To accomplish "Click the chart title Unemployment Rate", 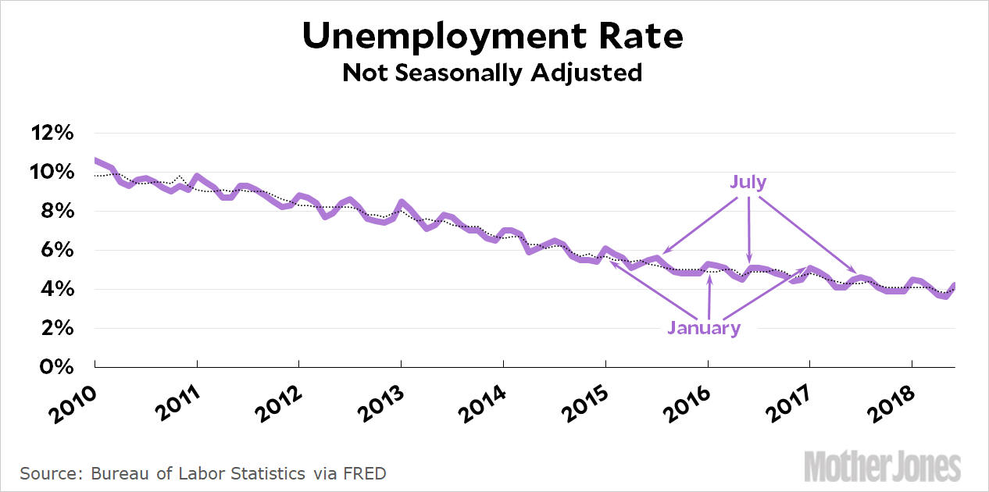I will (492, 36).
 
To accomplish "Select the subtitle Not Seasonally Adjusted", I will (492, 73).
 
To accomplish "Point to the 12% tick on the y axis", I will (52, 133).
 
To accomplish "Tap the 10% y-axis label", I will (52, 172).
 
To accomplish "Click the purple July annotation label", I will (748, 183).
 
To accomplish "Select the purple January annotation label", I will (704, 328).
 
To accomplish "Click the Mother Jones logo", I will (883, 466).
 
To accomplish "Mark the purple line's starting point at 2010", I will (95, 160).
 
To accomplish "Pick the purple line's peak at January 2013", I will (401, 202).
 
